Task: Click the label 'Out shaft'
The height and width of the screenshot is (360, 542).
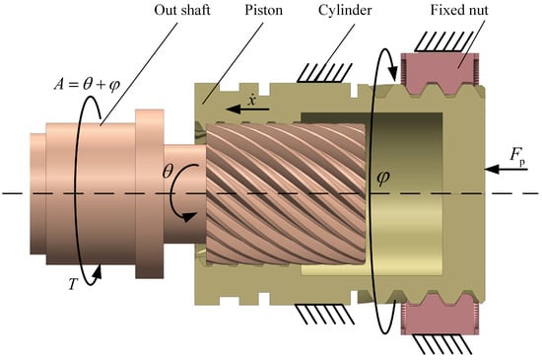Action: tap(182, 10)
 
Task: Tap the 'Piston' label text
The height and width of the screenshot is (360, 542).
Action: tap(263, 10)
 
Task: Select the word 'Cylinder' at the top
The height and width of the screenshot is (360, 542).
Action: tap(345, 11)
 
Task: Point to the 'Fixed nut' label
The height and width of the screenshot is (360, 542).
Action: tap(459, 10)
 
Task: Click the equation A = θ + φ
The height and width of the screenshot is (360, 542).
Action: tap(87, 84)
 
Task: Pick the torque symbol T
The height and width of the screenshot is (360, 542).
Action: tap(72, 284)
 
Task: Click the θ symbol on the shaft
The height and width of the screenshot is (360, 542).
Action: tap(168, 171)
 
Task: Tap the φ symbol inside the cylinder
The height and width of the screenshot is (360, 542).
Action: tap(383, 178)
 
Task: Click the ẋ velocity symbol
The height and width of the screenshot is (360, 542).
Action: tap(251, 100)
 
